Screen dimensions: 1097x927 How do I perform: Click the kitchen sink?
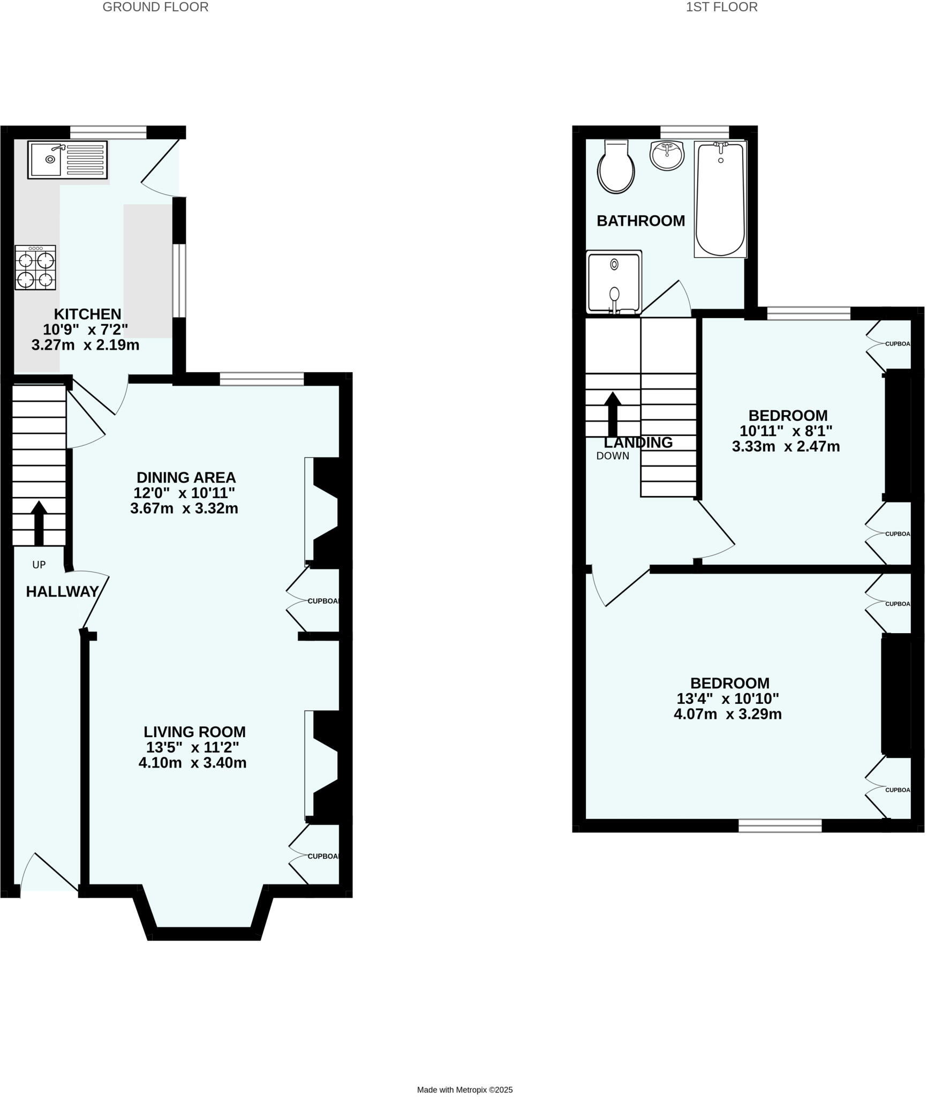point(67,159)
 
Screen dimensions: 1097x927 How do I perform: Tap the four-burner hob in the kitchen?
point(35,268)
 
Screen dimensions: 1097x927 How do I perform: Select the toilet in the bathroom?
point(616,168)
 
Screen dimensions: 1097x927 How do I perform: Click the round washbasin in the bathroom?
point(667,155)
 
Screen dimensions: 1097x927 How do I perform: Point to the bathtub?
point(720,199)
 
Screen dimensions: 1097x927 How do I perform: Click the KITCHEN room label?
point(88,314)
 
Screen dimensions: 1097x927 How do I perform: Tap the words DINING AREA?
point(186,477)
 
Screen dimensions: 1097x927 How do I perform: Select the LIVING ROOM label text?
point(194,732)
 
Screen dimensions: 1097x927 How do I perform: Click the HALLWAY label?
point(62,591)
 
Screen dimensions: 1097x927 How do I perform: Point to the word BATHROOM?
point(640,221)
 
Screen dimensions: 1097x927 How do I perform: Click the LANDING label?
point(638,442)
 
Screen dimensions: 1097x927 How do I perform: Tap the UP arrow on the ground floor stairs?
point(39,522)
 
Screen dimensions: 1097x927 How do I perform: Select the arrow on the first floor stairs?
point(613,414)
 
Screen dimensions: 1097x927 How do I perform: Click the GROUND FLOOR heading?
point(155,7)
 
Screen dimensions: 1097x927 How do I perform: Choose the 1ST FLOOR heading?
point(721,7)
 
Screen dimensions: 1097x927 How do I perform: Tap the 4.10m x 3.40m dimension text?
point(192,763)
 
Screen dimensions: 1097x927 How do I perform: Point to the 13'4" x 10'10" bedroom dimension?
point(727,698)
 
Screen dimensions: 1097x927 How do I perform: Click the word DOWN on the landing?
point(613,456)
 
